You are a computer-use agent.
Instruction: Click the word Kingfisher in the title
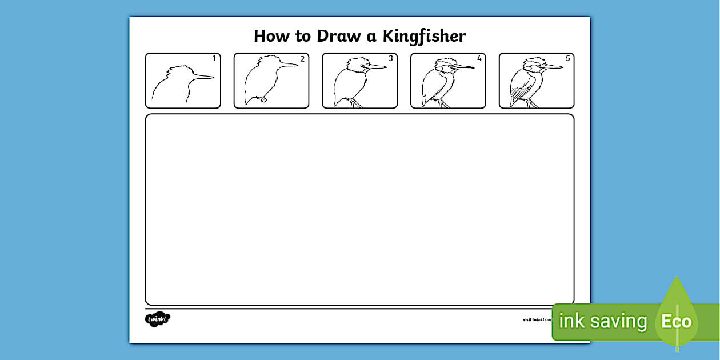point(424,37)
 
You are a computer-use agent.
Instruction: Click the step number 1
point(214,58)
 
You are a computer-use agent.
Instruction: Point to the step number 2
point(302,58)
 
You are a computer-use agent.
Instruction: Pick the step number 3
point(391,58)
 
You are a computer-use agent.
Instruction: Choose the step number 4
point(479,58)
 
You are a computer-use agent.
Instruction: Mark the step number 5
point(567,58)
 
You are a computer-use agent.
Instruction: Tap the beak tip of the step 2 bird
point(297,65)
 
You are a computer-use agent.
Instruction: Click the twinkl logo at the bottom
point(158,319)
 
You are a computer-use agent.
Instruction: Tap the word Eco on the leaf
point(677,321)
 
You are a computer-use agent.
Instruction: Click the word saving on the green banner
point(619,321)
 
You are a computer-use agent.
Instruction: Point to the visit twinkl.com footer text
point(537,319)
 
